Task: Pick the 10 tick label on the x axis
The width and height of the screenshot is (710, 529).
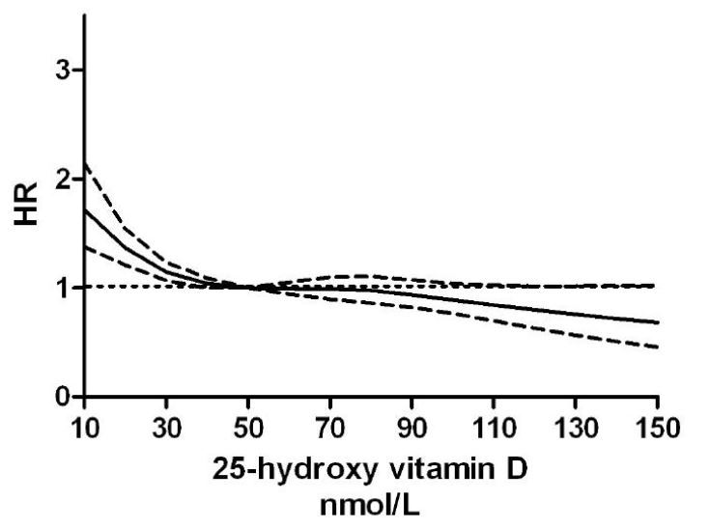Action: [85, 426]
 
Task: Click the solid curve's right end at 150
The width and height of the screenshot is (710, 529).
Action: [658, 322]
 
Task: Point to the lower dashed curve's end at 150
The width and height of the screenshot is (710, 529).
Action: [658, 347]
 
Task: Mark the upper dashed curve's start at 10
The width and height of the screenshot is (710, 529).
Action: [86, 165]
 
